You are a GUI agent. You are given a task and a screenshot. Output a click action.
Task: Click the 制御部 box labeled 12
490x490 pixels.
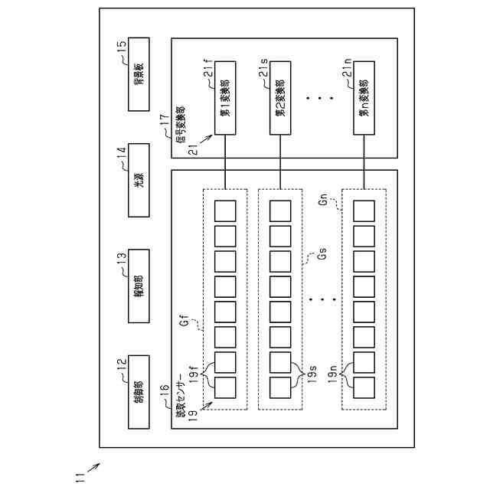139,380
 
